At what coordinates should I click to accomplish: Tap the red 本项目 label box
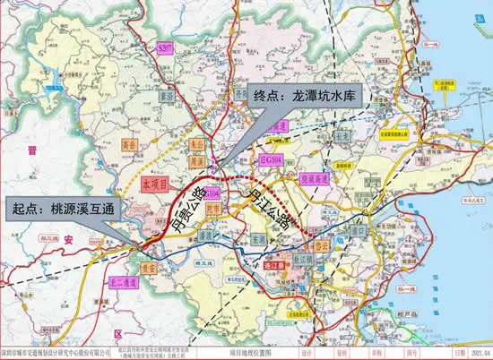155,182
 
